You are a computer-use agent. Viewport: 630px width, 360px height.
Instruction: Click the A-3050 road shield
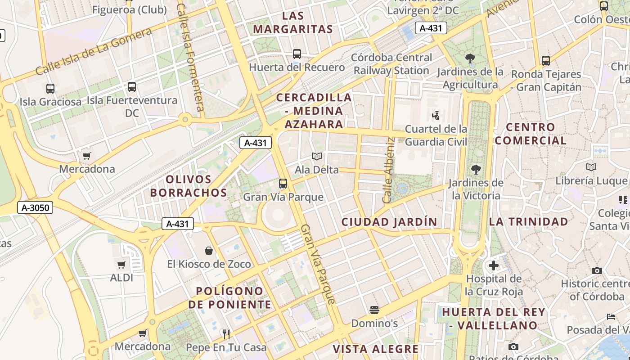[x=36, y=207]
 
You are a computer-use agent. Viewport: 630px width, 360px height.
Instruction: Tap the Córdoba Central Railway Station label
[x=391, y=64]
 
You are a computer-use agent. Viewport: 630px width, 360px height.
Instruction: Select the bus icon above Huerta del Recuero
[x=297, y=54]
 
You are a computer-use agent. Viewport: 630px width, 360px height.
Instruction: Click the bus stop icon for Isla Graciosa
[x=50, y=89]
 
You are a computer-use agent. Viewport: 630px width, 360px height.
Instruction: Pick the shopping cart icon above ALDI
[x=121, y=265]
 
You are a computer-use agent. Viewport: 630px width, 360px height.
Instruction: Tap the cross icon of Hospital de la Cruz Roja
[x=494, y=265]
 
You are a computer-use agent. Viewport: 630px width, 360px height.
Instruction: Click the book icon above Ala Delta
[x=317, y=157]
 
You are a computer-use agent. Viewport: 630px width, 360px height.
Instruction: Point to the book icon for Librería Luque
[x=591, y=167]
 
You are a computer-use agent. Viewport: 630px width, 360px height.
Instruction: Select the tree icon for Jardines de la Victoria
[x=476, y=170]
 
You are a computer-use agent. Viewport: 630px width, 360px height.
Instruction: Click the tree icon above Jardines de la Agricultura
[x=470, y=58]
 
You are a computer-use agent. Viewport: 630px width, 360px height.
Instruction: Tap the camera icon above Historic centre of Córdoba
[x=597, y=270]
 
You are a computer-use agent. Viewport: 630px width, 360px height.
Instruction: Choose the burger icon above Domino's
[x=374, y=310]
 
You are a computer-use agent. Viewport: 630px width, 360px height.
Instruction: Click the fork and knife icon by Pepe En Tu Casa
[x=226, y=334]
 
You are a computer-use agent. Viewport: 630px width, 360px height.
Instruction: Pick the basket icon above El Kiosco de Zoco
[x=209, y=250]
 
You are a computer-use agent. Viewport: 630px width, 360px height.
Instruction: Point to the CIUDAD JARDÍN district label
[x=389, y=222]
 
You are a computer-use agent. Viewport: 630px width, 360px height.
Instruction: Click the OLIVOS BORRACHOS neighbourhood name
[x=188, y=186]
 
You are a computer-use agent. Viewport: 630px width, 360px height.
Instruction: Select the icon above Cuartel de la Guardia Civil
[x=436, y=116]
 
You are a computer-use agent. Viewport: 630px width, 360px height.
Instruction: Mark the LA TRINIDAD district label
[x=528, y=221]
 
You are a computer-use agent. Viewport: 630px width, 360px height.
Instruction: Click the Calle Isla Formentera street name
[x=191, y=58]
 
